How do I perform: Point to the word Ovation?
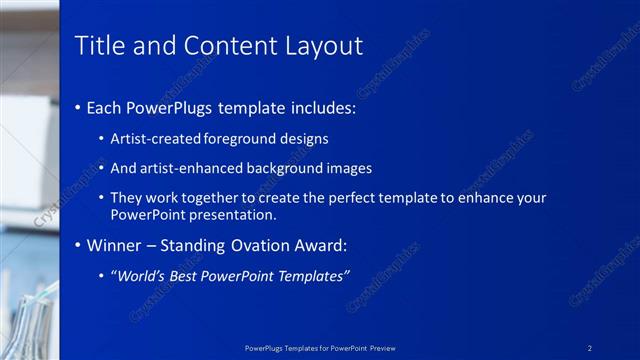click(x=253, y=245)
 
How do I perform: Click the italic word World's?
click(x=143, y=275)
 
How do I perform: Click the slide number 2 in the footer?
click(x=590, y=346)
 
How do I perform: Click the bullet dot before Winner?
click(x=79, y=245)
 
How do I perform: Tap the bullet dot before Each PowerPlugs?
click(x=79, y=107)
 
